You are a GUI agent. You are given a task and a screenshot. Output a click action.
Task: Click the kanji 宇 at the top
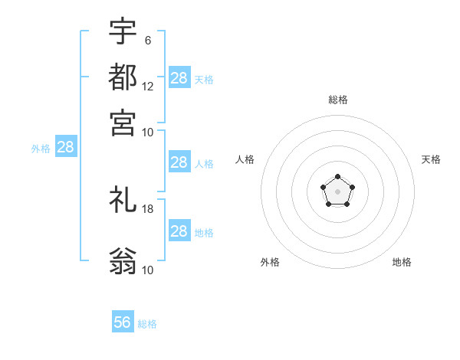pyautogui.click(x=123, y=31)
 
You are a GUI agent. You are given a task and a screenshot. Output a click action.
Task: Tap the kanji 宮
pyautogui.click(x=123, y=122)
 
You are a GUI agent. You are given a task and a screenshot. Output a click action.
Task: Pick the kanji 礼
pyautogui.click(x=123, y=201)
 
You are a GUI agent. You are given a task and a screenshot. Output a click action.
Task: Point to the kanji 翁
pyautogui.click(x=123, y=261)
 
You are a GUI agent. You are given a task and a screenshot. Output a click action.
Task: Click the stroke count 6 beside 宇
pyautogui.click(x=148, y=40)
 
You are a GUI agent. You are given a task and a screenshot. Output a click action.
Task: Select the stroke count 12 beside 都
pyautogui.click(x=148, y=86)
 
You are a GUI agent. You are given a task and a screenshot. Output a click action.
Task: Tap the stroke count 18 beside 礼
pyautogui.click(x=148, y=208)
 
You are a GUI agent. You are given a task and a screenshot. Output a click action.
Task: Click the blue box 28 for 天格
pyautogui.click(x=179, y=77)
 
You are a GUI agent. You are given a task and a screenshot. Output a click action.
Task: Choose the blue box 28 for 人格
pyautogui.click(x=179, y=162)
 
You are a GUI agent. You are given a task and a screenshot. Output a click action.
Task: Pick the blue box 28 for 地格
pyautogui.click(x=179, y=231)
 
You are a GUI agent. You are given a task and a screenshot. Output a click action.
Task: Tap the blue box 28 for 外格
pyautogui.click(x=66, y=148)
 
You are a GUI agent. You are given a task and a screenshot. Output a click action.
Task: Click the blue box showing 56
pyautogui.click(x=123, y=322)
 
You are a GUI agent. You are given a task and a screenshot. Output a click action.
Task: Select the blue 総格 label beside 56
pyautogui.click(x=147, y=324)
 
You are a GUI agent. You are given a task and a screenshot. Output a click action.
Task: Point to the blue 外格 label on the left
pyautogui.click(x=41, y=149)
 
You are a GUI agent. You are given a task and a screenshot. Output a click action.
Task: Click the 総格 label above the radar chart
pyautogui.click(x=337, y=100)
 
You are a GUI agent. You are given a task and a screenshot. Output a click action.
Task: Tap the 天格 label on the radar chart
pyautogui.click(x=431, y=159)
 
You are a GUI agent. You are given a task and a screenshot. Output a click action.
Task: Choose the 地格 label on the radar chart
pyautogui.click(x=402, y=262)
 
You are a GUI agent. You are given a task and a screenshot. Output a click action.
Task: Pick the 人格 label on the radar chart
pyautogui.click(x=245, y=159)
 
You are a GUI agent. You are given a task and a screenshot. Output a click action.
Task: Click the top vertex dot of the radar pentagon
pyautogui.click(x=337, y=177)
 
